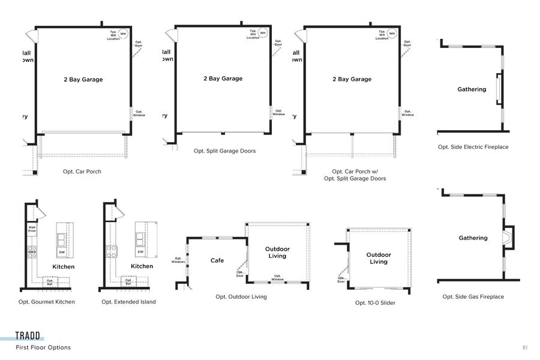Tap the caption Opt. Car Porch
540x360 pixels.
coord(82,172)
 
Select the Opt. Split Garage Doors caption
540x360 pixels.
coord(224,151)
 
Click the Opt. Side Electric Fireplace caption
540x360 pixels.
coord(473,147)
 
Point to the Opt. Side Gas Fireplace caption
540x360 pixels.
coord(473,297)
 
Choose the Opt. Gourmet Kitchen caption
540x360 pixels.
coord(47,302)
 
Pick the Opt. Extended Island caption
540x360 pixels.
coord(128,302)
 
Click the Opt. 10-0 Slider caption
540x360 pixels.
coord(375,303)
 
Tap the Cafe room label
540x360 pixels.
coord(217,260)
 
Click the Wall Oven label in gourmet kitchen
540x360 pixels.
coord(32,230)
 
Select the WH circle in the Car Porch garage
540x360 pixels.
coord(124,34)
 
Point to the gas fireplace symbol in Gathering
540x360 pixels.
coord(508,237)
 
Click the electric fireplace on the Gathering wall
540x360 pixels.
coord(498,89)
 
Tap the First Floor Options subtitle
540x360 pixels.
coord(43,347)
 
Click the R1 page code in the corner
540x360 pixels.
coord(524,347)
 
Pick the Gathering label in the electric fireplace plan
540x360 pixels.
coord(472,89)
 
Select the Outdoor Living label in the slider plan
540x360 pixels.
coord(379,258)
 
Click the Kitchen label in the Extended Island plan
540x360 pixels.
coord(142,266)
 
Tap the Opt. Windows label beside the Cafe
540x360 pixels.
coord(178,260)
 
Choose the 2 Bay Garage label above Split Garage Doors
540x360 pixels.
coord(223,79)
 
